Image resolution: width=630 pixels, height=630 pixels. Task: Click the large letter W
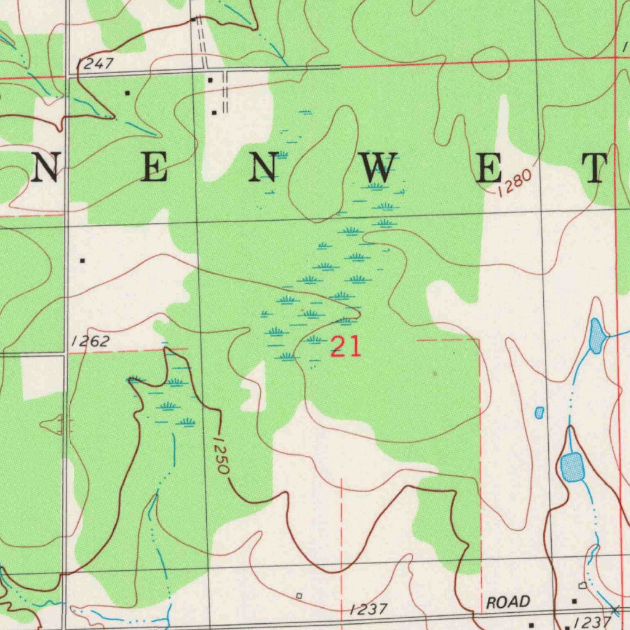[377, 167]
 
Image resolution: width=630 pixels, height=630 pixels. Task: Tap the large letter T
[595, 168]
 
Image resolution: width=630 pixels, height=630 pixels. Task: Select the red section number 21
[346, 348]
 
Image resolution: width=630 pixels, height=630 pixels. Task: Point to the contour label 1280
[514, 183]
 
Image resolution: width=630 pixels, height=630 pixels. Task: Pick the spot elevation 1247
[95, 63]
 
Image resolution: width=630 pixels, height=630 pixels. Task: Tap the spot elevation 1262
[90, 342]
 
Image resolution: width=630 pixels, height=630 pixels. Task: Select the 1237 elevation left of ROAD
[368, 610]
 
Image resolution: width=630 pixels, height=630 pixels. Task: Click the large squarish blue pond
[572, 466]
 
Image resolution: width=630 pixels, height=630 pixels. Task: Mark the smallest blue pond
[540, 413]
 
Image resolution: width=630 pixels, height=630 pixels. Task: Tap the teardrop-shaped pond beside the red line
[596, 336]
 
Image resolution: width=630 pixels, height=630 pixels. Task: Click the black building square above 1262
[82, 260]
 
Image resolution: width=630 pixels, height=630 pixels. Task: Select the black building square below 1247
[127, 93]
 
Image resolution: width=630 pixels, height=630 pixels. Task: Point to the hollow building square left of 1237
[299, 596]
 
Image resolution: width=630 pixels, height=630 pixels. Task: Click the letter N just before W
[262, 167]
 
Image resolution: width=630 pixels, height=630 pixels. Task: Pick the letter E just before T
[490, 168]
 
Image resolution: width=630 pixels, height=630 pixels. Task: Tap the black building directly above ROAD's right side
[575, 600]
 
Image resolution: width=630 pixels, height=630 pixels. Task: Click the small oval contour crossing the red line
[490, 64]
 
